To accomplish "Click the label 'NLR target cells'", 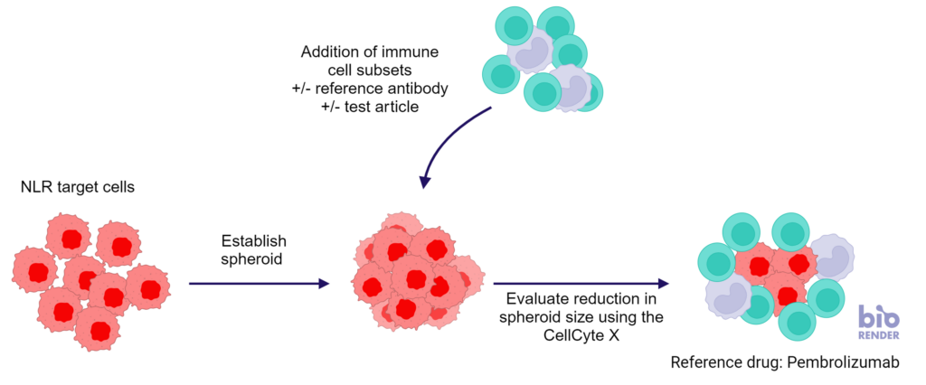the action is (78, 188).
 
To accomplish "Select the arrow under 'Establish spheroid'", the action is (259, 284).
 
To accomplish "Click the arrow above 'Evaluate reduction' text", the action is (581, 284).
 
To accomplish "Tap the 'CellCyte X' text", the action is (581, 333).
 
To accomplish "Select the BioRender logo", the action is (879, 323).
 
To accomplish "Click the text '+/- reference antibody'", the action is (370, 89).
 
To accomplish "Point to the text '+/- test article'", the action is (370, 108).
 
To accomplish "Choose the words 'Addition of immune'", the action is (370, 52).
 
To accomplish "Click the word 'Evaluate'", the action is (525, 299).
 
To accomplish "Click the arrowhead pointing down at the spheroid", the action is (424, 181).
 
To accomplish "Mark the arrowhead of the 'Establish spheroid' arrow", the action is (323, 284).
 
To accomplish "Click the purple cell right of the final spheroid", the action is (832, 257).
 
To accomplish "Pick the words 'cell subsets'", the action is (370, 70).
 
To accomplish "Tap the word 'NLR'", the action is (34, 188).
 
